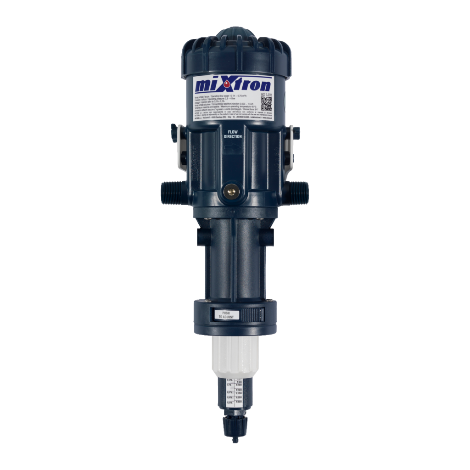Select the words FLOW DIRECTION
pyautogui.click(x=233, y=134)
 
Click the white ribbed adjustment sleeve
pyautogui.click(x=235, y=354)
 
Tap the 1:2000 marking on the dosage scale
pyautogui.click(x=239, y=397)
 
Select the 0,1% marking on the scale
pyautogui.click(x=229, y=385)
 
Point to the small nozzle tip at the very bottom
pyautogui.click(x=235, y=440)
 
